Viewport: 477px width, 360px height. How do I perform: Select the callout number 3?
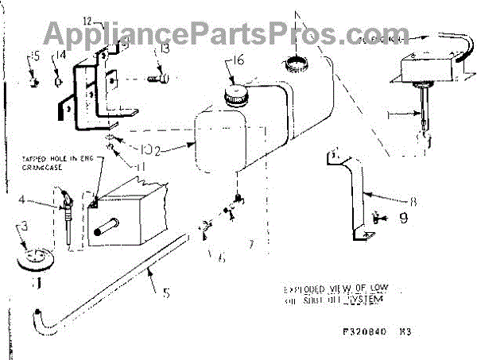click(x=24, y=228)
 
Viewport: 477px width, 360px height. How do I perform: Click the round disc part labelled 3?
click(x=33, y=259)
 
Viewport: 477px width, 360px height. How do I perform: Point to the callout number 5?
click(x=166, y=292)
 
